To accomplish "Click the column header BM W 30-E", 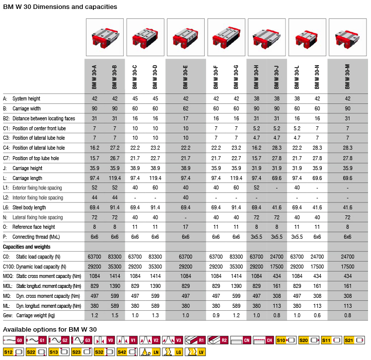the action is (186, 77).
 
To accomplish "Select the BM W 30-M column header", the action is (347, 77).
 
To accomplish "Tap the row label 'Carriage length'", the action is (27, 178).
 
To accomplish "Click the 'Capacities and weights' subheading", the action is (26, 247).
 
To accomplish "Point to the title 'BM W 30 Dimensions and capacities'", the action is (60, 6).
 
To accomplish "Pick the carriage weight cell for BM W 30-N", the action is (317, 315).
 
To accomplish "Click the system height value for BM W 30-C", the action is (135, 98).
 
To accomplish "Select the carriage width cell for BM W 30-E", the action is (186, 108).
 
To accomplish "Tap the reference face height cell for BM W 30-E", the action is (186, 227).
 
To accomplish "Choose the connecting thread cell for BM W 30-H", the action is (256, 237).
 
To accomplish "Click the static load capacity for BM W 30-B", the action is (115, 257).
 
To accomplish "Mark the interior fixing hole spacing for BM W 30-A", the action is (94, 197).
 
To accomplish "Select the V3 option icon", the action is (172, 340).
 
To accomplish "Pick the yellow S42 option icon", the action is (127, 352).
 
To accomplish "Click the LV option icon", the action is (195, 352).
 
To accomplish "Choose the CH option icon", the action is (263, 340).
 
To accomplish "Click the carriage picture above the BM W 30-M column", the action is (348, 37).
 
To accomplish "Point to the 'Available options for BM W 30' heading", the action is (50, 330).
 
